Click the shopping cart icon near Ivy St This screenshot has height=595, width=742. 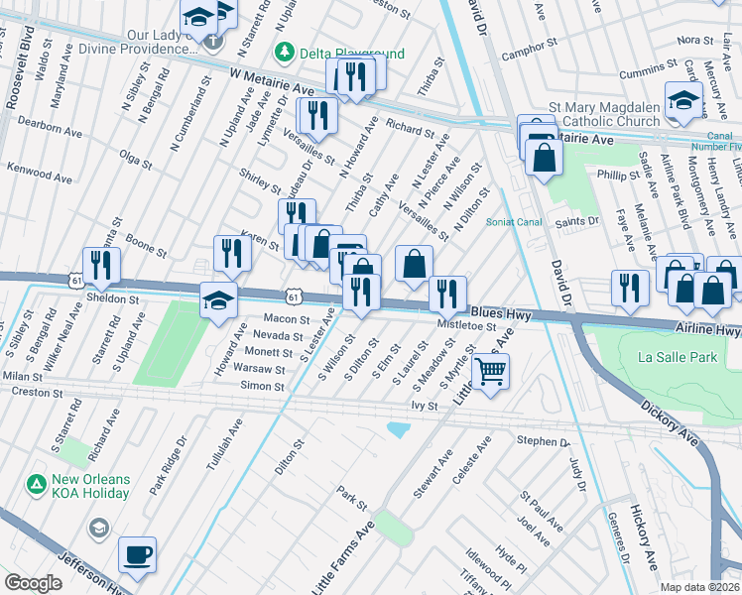pyautogui.click(x=490, y=373)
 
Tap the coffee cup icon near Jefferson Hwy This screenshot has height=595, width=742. pyautogui.click(x=137, y=555)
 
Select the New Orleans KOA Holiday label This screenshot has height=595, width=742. pyautogui.click(x=90, y=486)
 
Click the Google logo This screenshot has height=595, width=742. pyautogui.click(x=34, y=583)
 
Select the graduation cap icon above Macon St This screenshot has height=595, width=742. pyautogui.click(x=218, y=300)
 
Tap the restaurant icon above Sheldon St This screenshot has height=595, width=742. pyautogui.click(x=101, y=265)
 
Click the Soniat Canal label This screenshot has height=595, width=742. pyautogui.click(x=514, y=221)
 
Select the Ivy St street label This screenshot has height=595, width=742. pyautogui.click(x=425, y=407)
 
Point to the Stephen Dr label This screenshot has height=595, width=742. pyautogui.click(x=542, y=440)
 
